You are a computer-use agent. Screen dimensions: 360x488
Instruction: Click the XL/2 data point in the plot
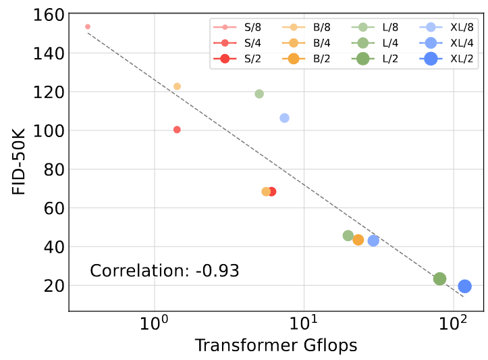coord(464,286)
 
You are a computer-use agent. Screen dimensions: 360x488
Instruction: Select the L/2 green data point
coord(439,279)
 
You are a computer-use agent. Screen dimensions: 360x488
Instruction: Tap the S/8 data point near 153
coord(88,27)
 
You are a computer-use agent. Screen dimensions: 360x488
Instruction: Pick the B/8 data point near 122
coord(177,86)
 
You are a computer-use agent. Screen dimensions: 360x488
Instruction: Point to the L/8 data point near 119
coord(259,94)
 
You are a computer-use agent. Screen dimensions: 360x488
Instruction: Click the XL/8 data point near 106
coord(284,118)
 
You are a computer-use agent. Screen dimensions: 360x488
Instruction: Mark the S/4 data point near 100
coord(177,130)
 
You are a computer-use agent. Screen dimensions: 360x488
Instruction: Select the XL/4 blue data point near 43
coord(373,240)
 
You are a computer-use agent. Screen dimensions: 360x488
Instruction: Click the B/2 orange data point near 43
coord(358,240)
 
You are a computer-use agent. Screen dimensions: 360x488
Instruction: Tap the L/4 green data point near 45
coord(348,236)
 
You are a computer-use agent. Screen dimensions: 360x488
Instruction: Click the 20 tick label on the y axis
coord(54,286)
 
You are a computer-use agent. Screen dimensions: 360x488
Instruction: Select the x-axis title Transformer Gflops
coord(275,345)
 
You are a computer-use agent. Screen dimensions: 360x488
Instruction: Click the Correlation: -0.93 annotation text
coord(165,272)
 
